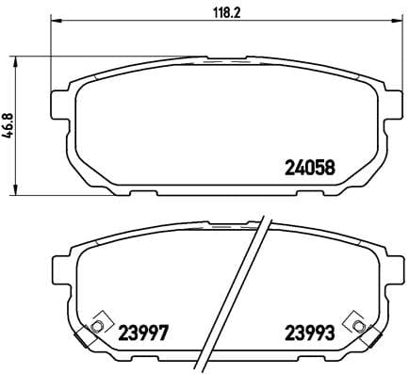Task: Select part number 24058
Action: coord(310,171)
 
